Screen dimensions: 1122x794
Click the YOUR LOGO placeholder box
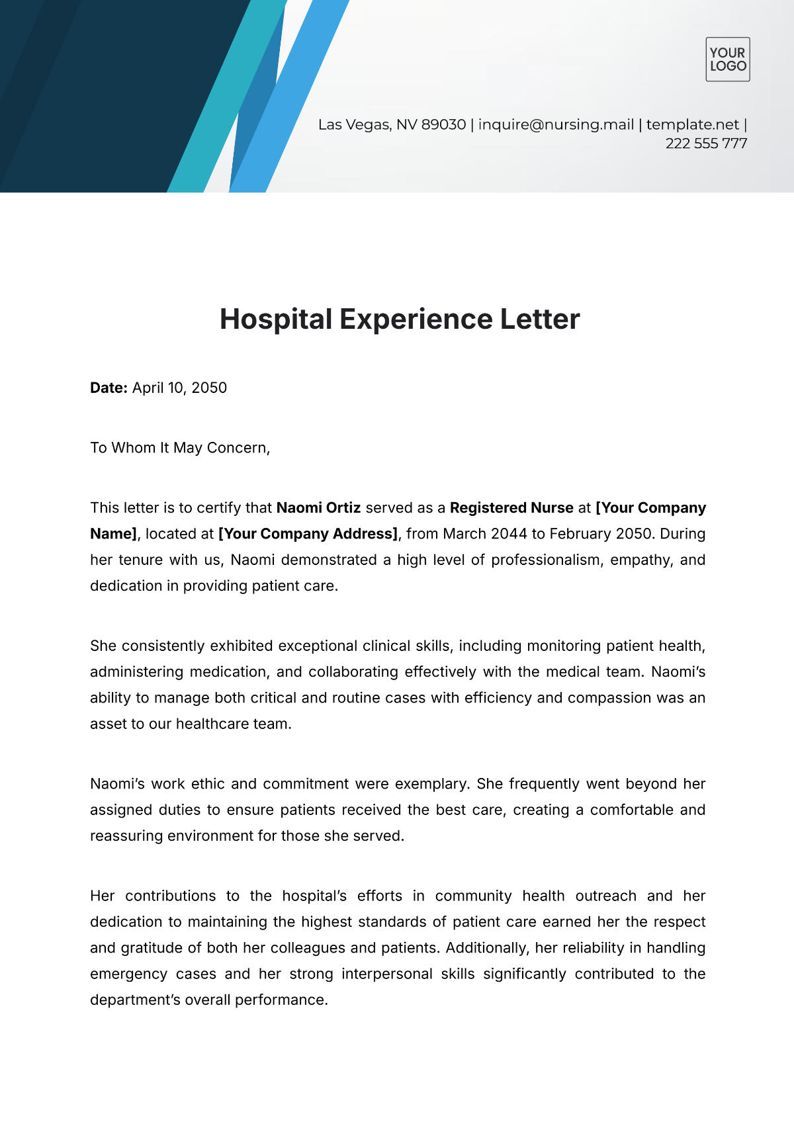(x=727, y=60)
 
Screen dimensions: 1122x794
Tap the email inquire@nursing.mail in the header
(x=556, y=124)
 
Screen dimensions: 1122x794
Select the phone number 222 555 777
(x=706, y=144)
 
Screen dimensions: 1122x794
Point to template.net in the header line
(x=692, y=124)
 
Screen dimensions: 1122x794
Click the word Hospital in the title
(x=276, y=320)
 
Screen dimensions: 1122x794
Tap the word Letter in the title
(x=539, y=320)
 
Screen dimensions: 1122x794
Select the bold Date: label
(x=109, y=388)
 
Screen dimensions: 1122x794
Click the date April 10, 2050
(x=179, y=388)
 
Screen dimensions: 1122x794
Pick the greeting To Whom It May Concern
(x=180, y=448)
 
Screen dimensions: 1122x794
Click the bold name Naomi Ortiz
(x=318, y=508)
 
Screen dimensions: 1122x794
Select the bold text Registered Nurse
(x=511, y=508)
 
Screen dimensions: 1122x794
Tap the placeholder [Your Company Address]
(x=308, y=534)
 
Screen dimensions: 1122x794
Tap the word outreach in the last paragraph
(x=605, y=896)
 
